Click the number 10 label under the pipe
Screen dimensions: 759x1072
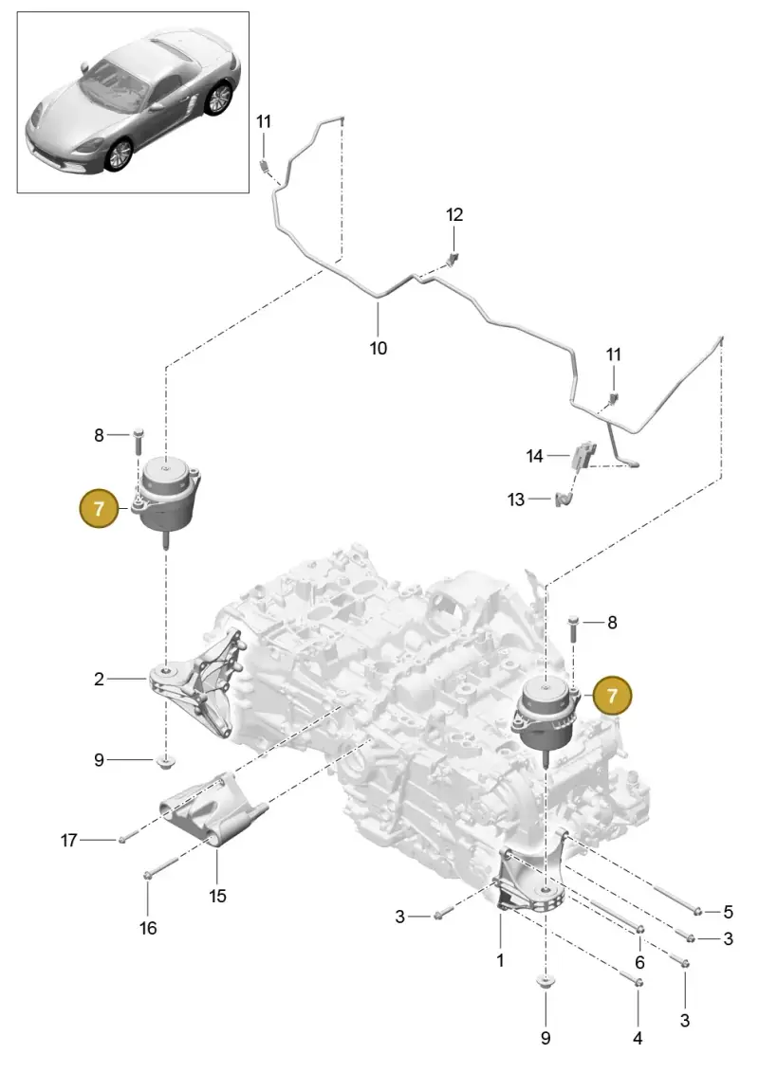(x=378, y=348)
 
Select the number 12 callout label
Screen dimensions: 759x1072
(x=454, y=214)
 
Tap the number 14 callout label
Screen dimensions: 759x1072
(x=534, y=455)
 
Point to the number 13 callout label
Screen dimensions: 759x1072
(x=516, y=500)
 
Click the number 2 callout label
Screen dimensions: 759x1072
(x=100, y=679)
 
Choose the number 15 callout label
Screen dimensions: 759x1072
(x=217, y=896)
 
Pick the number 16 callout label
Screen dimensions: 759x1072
(x=148, y=928)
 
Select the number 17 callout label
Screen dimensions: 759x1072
(x=68, y=840)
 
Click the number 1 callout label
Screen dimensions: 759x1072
(x=500, y=960)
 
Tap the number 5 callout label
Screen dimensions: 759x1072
(x=729, y=911)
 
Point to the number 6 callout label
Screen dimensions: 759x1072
(x=639, y=962)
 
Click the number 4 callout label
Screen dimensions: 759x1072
(x=638, y=1038)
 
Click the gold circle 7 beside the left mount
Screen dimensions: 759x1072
(x=100, y=508)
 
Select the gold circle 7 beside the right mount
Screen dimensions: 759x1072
(x=612, y=696)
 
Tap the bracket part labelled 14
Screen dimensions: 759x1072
(x=583, y=455)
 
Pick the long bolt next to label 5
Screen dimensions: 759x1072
(x=678, y=899)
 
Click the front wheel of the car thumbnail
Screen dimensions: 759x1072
(x=119, y=155)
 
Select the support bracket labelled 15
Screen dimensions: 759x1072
(x=213, y=811)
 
